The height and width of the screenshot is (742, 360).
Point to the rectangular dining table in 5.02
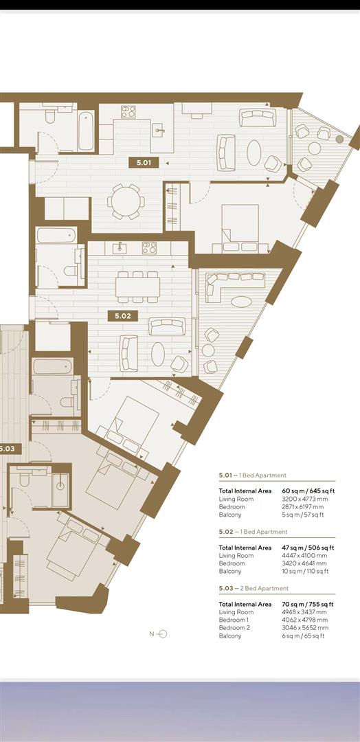137,286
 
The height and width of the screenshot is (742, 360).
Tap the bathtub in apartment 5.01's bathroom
85,131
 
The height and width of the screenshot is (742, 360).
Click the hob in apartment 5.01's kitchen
128,111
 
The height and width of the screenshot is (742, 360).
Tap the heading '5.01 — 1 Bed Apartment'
253,475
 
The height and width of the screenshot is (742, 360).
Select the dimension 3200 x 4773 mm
297,499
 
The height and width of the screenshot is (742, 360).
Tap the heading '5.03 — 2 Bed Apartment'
254,589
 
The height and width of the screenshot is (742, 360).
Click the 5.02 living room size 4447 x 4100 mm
297,556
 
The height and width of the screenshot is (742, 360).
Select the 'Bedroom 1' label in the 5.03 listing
236,620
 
